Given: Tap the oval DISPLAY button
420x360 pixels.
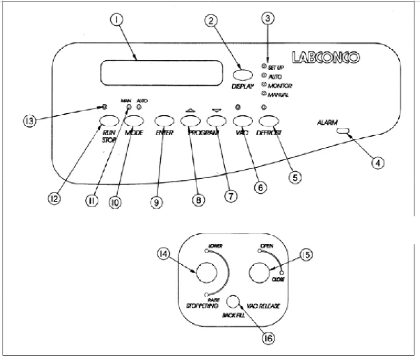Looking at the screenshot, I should (243, 75).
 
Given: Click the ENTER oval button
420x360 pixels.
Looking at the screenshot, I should (163, 121).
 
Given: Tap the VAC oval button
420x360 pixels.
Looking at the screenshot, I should (241, 121).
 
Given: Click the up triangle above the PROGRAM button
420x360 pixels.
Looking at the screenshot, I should (189, 110).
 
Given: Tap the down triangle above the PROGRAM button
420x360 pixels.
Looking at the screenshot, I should (217, 110).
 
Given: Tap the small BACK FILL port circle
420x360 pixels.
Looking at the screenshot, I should (233, 301).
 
